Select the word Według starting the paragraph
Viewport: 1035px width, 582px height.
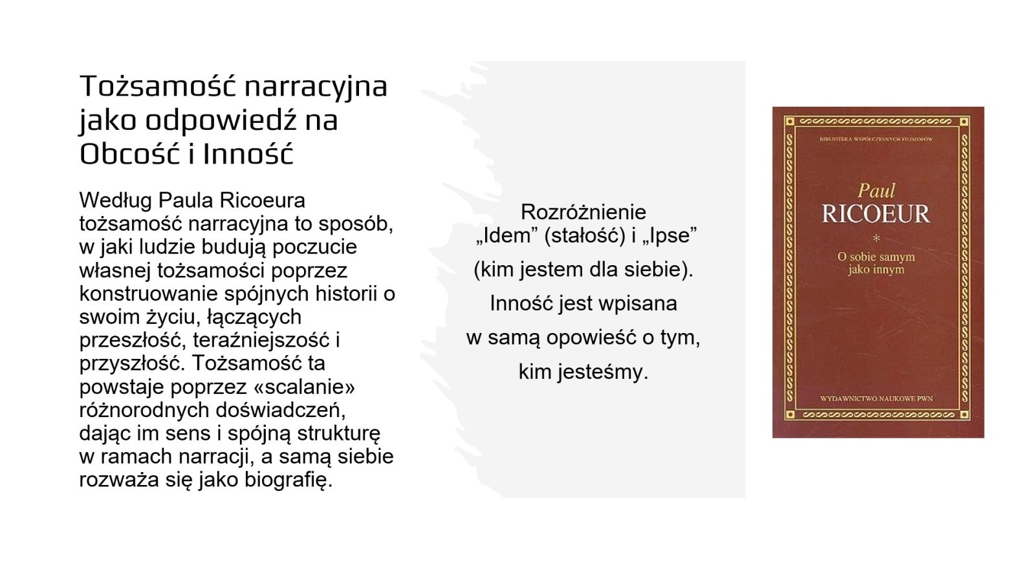tap(116, 201)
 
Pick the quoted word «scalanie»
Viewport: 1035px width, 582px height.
tap(304, 387)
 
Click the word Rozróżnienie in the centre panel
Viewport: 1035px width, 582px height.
tap(583, 213)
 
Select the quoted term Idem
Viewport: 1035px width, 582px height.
tap(507, 235)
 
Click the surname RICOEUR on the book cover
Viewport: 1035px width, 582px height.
tap(876, 214)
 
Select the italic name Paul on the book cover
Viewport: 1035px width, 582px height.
tap(876, 191)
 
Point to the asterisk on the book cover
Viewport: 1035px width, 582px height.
tap(877, 239)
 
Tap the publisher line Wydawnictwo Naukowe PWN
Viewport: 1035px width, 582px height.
tap(877, 398)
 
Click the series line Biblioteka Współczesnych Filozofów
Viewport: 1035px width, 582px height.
tap(877, 139)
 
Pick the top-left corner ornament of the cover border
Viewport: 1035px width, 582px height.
tap(790, 122)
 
